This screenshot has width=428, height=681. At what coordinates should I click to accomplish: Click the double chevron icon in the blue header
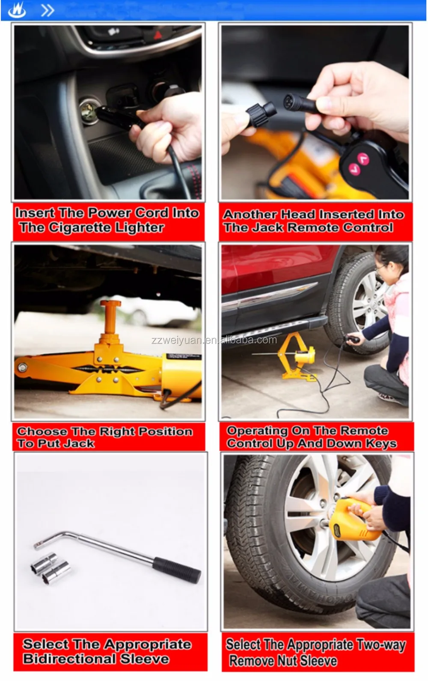48,11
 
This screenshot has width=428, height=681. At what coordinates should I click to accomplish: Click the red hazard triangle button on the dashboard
158,35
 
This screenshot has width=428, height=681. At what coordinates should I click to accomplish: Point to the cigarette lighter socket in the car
89,111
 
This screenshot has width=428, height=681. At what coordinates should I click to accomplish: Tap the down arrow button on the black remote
354,169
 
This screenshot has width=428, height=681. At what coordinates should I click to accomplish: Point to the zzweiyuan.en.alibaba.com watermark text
214,340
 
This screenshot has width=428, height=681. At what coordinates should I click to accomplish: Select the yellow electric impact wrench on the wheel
357,519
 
